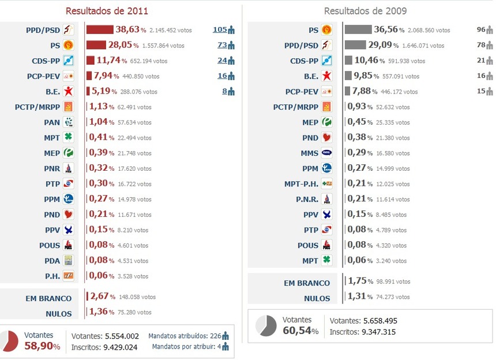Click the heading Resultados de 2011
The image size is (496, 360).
pos(107,11)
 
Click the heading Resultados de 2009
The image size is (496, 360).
pos(365,11)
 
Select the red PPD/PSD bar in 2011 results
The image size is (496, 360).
pos(100,29)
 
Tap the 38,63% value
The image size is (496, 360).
pos(127,29)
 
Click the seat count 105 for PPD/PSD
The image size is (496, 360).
pos(220,29)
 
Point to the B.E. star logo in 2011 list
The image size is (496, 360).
pos(68,91)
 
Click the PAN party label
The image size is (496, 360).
pos(52,122)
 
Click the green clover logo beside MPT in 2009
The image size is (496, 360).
pos(326,260)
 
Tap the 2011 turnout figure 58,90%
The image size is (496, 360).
pos(39,346)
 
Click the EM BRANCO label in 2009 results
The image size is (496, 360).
pos(307,283)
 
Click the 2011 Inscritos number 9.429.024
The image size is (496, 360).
pos(121,347)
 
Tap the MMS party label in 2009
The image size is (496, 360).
pos(309,153)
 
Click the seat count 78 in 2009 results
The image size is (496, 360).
pos(480,45)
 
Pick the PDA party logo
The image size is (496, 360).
pos(68,260)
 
